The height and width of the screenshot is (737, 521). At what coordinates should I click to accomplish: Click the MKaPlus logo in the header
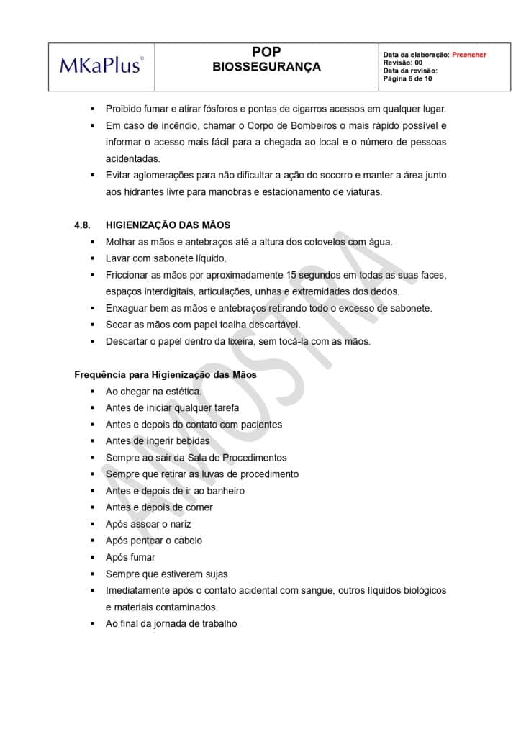coord(101,66)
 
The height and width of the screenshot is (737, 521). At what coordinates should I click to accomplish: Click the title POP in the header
coord(266,52)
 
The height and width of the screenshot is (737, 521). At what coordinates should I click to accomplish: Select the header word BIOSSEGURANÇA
coord(266,67)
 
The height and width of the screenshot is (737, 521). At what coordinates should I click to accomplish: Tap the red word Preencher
coord(469,55)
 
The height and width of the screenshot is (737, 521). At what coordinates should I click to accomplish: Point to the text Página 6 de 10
coord(407,78)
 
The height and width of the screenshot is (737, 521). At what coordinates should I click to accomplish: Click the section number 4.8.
coord(81,225)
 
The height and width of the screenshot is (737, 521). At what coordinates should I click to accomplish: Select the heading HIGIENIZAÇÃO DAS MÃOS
coord(168,225)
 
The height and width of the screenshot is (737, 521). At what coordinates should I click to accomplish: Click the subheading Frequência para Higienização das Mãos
coord(166,375)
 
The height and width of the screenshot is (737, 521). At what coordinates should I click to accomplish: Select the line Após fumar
coord(130,557)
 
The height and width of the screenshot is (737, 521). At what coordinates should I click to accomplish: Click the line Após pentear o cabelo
coord(154,541)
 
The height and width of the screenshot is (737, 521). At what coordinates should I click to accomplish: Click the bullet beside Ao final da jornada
coord(93,624)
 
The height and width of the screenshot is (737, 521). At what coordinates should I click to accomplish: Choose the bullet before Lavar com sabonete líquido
coord(93,258)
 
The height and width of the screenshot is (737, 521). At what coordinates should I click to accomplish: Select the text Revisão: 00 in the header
coord(403,63)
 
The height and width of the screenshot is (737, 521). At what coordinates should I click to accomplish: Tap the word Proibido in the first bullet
coord(124,109)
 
